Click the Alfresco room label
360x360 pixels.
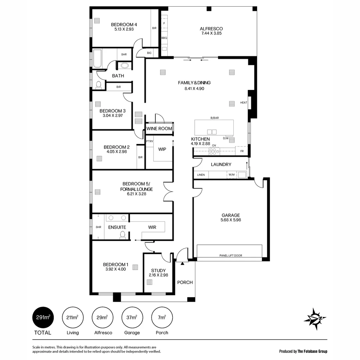click(211, 29)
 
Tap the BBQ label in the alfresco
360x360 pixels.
click(164, 38)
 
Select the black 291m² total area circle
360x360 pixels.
click(43, 317)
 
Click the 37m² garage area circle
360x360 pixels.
click(132, 317)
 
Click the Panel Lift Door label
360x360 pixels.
click(231, 256)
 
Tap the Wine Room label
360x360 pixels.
click(159, 128)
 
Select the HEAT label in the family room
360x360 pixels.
click(244, 103)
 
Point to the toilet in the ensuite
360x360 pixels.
click(122, 235)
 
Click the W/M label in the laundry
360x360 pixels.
click(231, 175)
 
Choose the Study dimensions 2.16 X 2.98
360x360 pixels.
click(158, 275)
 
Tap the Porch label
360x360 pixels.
click(185, 282)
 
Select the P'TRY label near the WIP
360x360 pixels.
click(149, 142)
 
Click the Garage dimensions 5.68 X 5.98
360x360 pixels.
click(231, 220)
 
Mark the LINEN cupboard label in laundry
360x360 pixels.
click(201, 175)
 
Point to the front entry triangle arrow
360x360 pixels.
click(182, 264)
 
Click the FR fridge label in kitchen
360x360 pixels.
click(242, 151)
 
